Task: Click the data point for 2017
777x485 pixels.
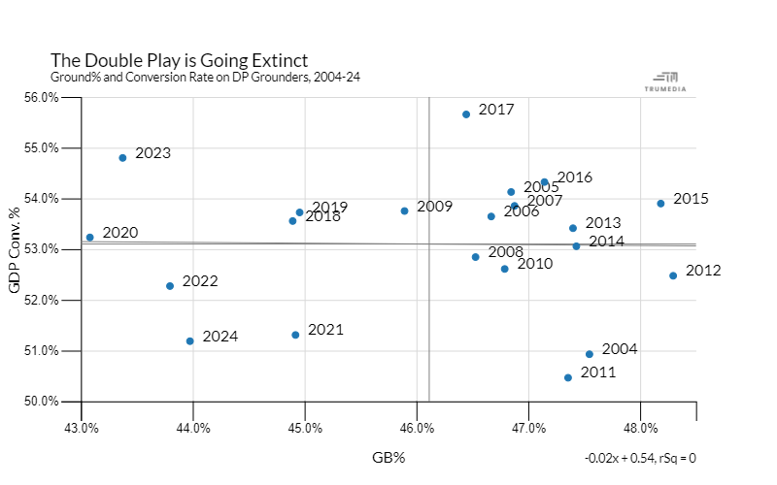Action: pyautogui.click(x=466, y=114)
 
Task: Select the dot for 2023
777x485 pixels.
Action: pyautogui.click(x=122, y=158)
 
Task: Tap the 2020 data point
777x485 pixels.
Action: pyautogui.click(x=89, y=238)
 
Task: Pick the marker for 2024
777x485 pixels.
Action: pyautogui.click(x=190, y=341)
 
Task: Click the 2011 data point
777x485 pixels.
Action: pyautogui.click(x=568, y=377)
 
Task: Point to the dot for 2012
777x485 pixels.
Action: pyautogui.click(x=673, y=275)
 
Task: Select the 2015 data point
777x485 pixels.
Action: pyautogui.click(x=660, y=204)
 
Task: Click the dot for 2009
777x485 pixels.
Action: pyautogui.click(x=404, y=211)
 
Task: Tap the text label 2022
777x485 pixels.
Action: pyautogui.click(x=199, y=281)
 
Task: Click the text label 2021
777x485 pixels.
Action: pyautogui.click(x=325, y=330)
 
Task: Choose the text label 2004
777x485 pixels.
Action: pyautogui.click(x=620, y=349)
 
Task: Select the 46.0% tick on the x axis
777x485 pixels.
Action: pyautogui.click(x=417, y=428)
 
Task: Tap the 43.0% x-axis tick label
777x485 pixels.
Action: pyautogui.click(x=82, y=428)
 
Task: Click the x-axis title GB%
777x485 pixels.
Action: pyautogui.click(x=388, y=458)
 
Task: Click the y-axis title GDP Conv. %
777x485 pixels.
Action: pyautogui.click(x=15, y=249)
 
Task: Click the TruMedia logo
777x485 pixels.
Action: pyautogui.click(x=665, y=81)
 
